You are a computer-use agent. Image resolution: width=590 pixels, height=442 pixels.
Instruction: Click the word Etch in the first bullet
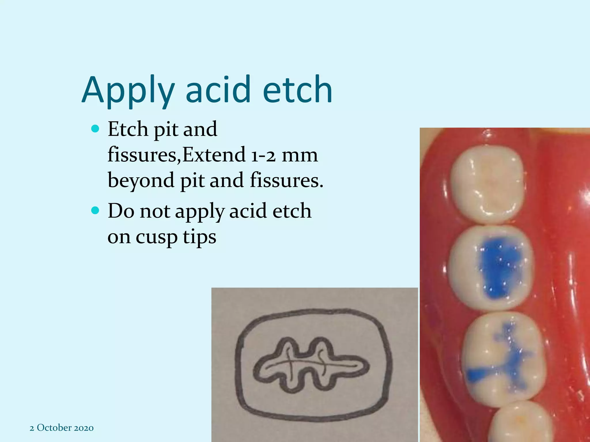click(128, 129)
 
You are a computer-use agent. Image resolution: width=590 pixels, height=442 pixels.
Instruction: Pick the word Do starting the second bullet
click(121, 211)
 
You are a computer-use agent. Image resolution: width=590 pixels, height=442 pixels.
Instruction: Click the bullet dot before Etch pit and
click(95, 128)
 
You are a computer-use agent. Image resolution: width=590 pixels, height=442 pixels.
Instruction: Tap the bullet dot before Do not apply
click(95, 210)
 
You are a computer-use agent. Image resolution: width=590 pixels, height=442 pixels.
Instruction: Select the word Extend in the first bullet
click(213, 155)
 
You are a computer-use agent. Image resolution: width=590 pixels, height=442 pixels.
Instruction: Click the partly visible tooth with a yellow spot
click(521, 423)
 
